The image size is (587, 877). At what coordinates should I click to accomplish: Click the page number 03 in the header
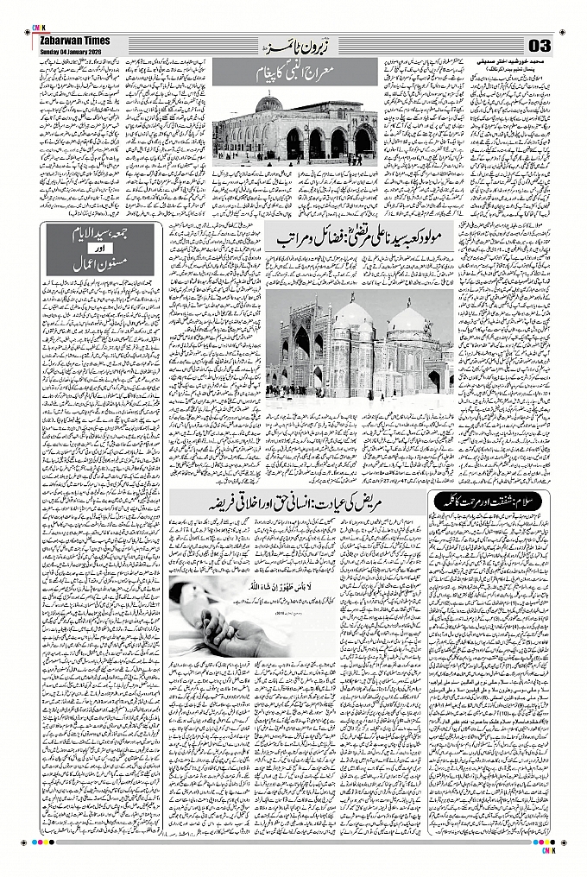click(540, 45)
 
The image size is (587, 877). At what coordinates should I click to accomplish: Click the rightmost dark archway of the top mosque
click(363, 142)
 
